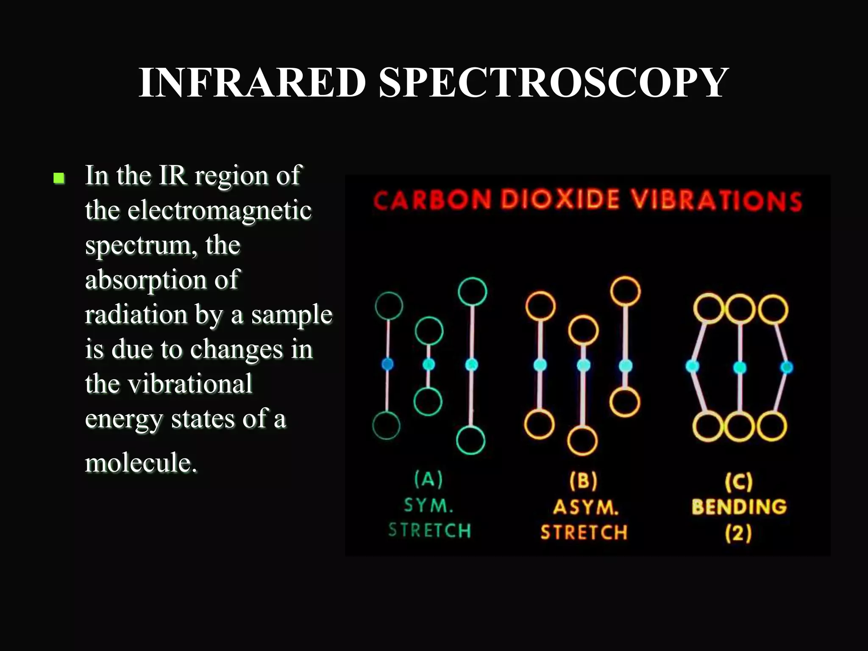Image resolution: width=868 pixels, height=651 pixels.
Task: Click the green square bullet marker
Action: [x=59, y=178]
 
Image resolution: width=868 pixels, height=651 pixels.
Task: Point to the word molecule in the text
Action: [x=141, y=462]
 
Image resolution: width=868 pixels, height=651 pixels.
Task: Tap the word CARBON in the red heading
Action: [x=432, y=200]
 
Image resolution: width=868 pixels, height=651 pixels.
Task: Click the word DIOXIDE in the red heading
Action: [x=560, y=199]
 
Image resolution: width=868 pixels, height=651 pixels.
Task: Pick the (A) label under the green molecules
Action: [x=428, y=479]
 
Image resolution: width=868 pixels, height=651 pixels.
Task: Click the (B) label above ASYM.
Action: [x=584, y=481]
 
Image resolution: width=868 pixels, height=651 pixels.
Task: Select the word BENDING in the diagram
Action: [x=739, y=507]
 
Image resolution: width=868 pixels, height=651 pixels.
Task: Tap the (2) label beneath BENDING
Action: [x=739, y=533]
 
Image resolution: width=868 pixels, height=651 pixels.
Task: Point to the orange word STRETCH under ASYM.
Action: [x=584, y=532]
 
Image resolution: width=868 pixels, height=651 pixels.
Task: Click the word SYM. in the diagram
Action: [x=428, y=506]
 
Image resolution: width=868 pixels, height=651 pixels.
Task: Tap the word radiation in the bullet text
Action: [x=136, y=315]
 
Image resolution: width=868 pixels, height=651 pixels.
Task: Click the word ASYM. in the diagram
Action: [x=586, y=507]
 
